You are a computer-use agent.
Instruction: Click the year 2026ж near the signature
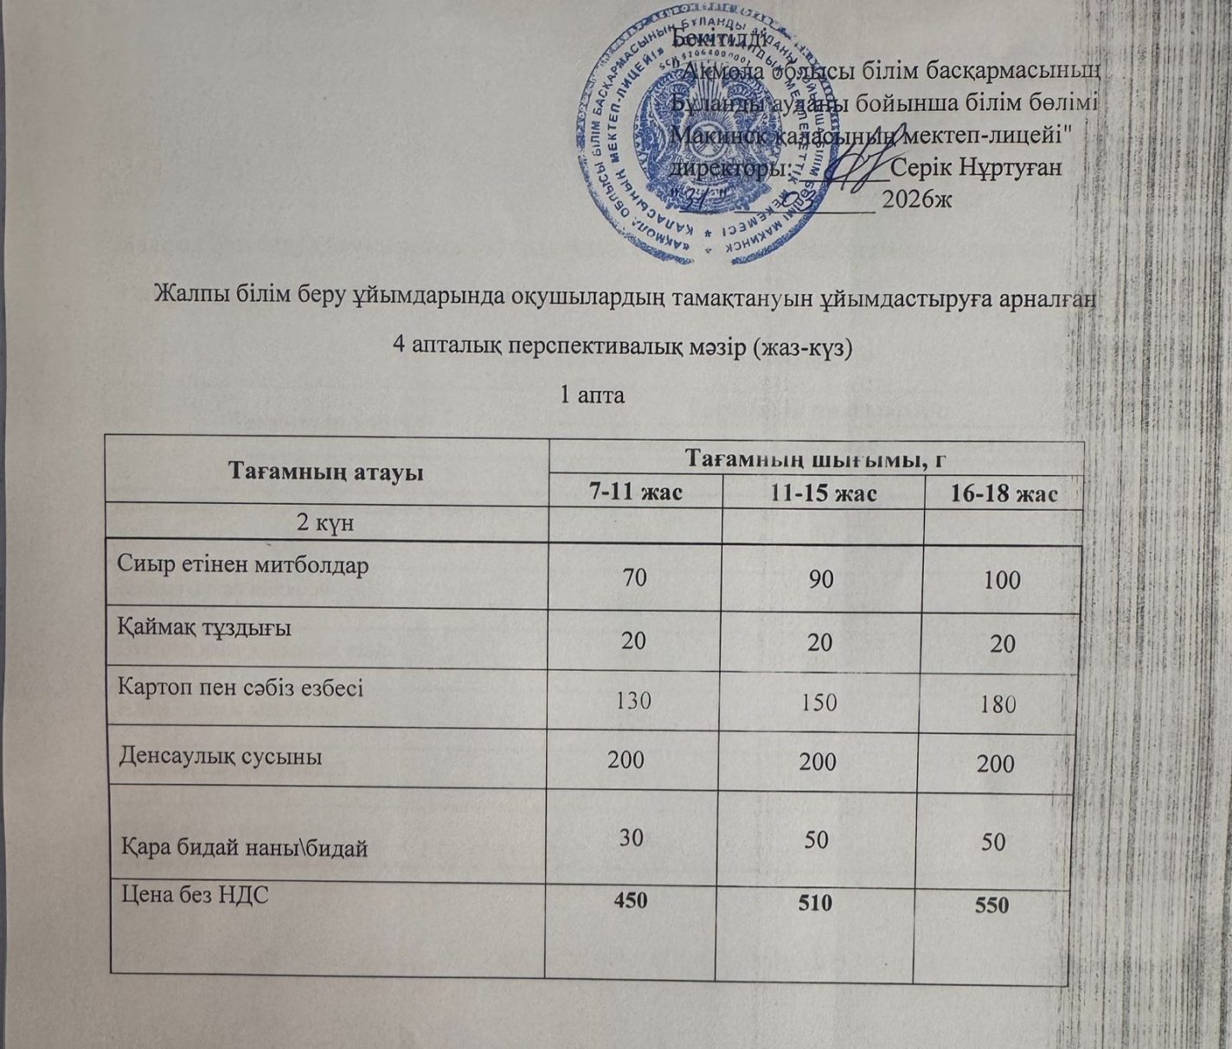(916, 199)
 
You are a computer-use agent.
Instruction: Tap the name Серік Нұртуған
(976, 166)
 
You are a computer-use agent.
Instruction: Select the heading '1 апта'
(592, 396)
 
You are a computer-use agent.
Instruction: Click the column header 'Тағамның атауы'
(325, 473)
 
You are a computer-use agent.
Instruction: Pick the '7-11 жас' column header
(636, 492)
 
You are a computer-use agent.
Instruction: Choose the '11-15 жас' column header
(823, 493)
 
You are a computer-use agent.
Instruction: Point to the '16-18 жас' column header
(1004, 494)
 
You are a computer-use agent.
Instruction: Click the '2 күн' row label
(325, 524)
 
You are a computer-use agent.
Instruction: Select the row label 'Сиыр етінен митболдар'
(243, 565)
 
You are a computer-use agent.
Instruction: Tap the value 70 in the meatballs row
(635, 577)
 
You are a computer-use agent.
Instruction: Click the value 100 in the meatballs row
(1002, 580)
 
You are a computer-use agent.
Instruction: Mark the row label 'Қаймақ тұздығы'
(204, 627)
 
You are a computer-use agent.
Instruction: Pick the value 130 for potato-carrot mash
(633, 700)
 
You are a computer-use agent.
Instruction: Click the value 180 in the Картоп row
(998, 704)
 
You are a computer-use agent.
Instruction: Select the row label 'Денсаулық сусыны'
(220, 756)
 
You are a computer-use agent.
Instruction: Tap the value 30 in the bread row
(632, 838)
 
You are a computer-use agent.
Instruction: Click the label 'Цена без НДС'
(194, 895)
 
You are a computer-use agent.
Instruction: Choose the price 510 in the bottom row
(815, 903)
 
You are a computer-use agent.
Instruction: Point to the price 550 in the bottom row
(991, 905)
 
